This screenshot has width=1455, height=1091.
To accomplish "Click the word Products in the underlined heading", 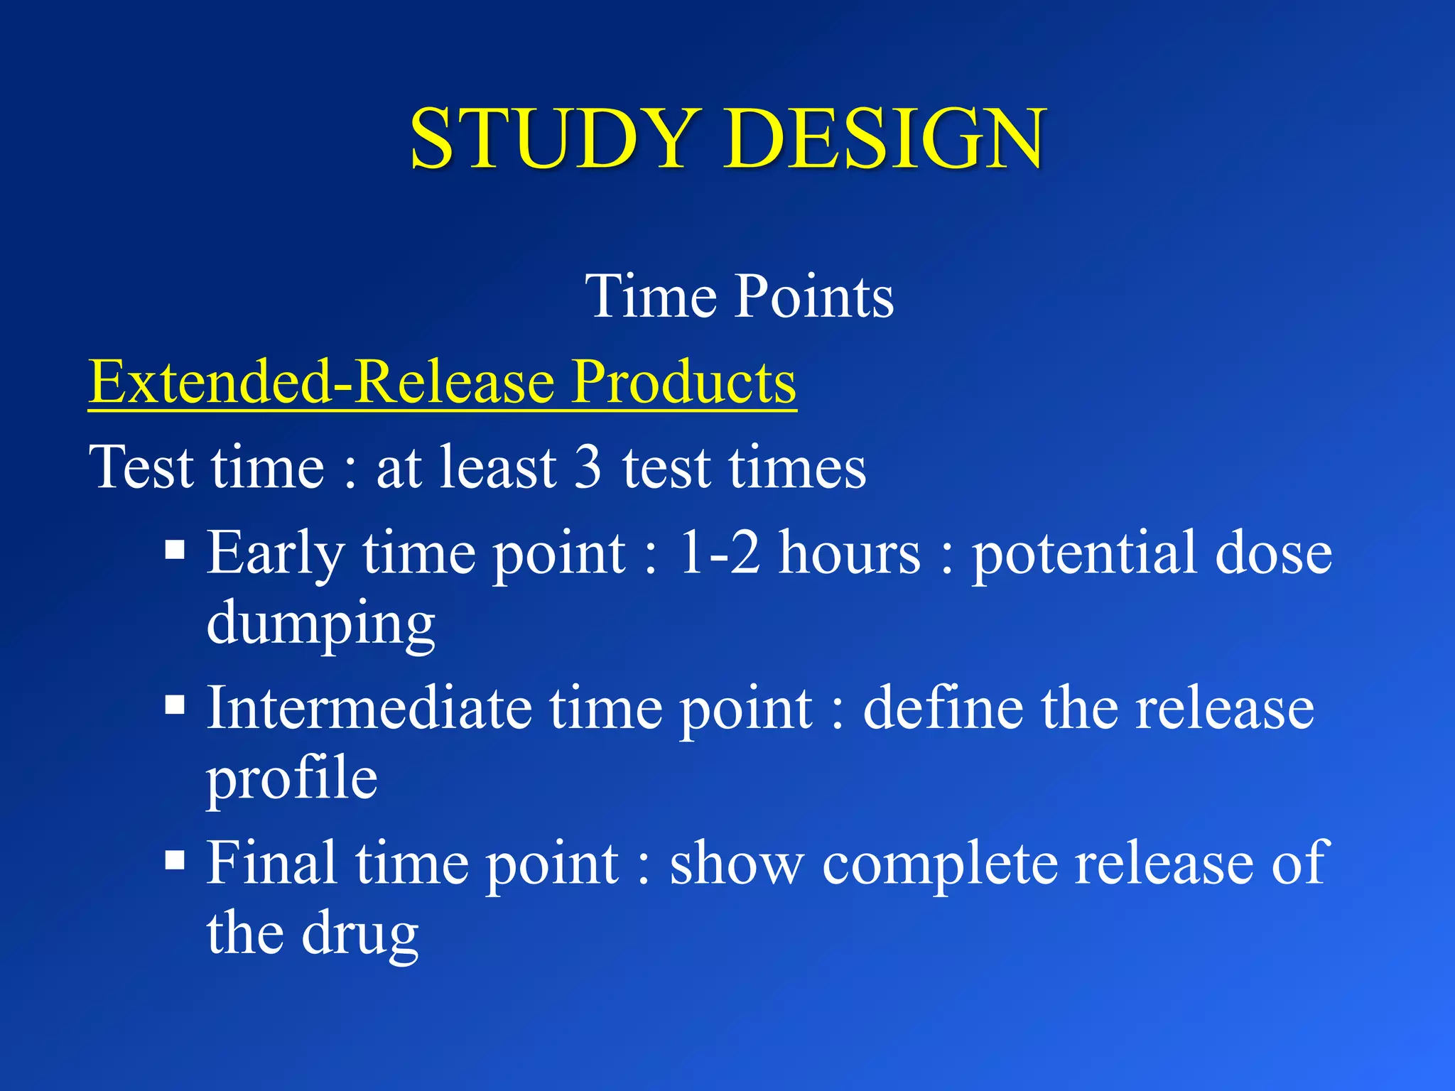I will coord(684,381).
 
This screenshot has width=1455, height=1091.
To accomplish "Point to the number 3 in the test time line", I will coord(587,467).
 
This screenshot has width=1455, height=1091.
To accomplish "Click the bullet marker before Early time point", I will coord(175,550).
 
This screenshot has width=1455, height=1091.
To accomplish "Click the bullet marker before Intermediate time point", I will coord(175,705).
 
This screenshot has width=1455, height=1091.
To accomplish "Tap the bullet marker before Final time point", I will coord(175,861).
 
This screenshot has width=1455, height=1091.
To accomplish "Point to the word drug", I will coord(360,933).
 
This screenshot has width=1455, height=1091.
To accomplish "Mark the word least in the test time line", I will coord(498,467).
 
